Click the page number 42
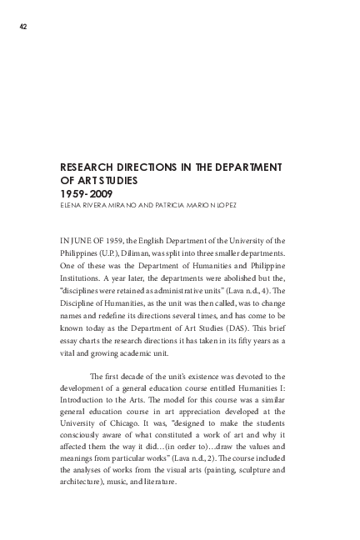point(24,27)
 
